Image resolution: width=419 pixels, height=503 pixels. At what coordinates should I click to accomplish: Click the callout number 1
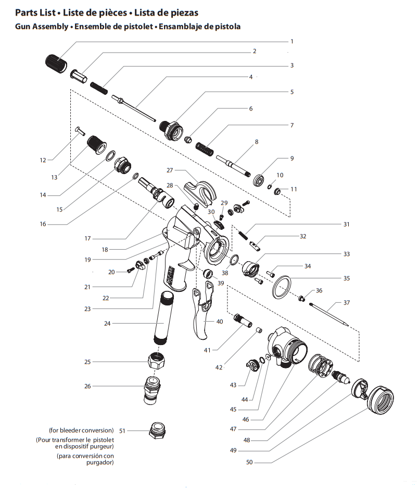point(292,41)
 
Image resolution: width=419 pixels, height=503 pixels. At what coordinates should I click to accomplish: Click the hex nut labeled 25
point(159,361)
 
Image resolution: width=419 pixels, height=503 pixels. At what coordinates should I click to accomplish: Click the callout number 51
point(123,431)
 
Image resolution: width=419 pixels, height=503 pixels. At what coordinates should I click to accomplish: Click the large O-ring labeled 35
point(283,287)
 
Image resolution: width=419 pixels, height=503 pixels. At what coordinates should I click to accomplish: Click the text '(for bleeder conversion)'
point(81,431)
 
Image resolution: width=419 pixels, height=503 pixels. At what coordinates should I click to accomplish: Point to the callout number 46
point(246,420)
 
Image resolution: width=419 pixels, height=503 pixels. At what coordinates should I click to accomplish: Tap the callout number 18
point(105,250)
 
